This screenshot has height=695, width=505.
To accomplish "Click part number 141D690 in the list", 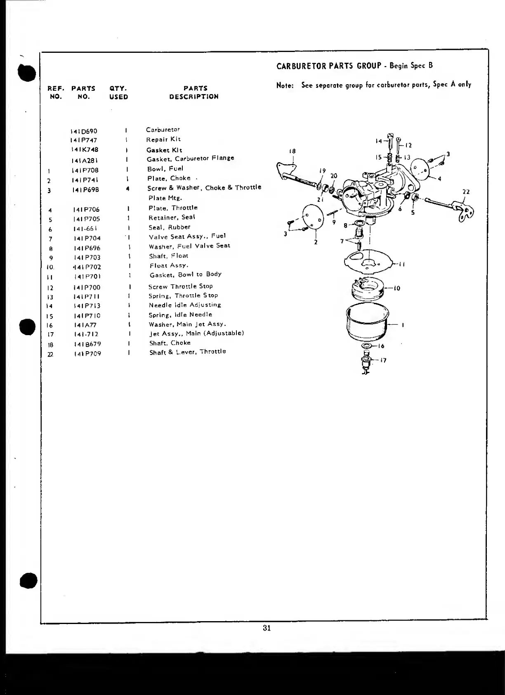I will [84, 131].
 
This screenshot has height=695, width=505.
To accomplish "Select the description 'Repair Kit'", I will [163, 139].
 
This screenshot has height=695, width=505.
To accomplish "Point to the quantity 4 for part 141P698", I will [128, 189].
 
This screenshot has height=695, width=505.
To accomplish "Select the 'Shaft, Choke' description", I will [170, 343].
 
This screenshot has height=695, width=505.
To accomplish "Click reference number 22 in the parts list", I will [50, 354].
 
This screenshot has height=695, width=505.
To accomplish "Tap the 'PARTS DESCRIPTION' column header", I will [195, 92].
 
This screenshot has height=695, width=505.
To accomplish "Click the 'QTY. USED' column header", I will [118, 92].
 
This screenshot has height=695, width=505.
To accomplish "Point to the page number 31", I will [267, 629].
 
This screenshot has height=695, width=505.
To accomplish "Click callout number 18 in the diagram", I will [293, 151].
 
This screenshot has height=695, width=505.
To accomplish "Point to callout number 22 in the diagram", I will [466, 192].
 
